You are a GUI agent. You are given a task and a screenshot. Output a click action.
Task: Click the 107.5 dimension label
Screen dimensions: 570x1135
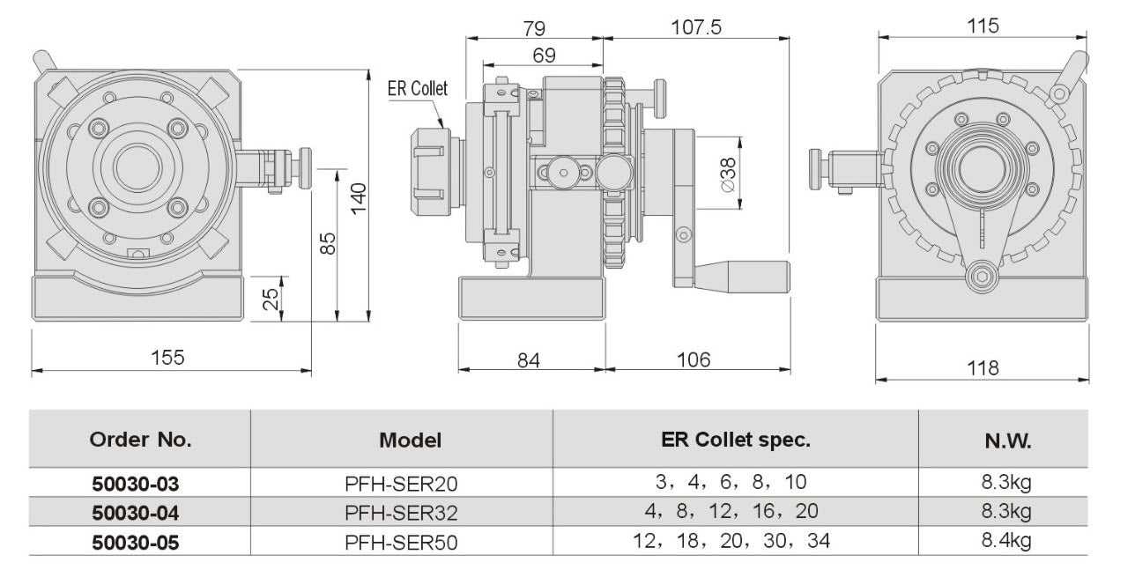[x=697, y=26]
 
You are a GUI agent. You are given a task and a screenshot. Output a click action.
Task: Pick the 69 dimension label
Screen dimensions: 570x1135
[x=545, y=55]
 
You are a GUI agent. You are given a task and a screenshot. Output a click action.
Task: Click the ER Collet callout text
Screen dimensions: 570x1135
[x=418, y=88]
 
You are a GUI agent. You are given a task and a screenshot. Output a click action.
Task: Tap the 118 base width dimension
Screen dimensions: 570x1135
[x=981, y=367]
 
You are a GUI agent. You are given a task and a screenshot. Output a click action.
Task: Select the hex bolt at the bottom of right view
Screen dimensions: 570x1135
[x=981, y=279]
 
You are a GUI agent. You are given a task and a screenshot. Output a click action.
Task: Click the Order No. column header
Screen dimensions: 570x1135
[x=141, y=439]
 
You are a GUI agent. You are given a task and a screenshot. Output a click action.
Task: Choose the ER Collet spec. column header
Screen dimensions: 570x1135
[x=735, y=439]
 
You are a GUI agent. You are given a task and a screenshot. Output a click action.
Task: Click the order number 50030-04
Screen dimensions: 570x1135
[x=136, y=512]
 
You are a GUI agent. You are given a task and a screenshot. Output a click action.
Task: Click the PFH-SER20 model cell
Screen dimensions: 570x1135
[x=402, y=483]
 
